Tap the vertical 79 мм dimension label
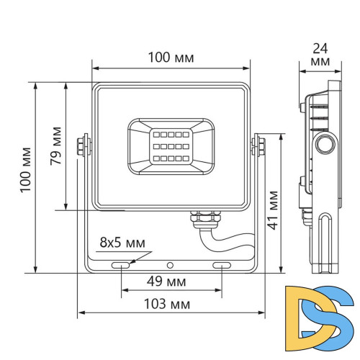(x=55, y=147)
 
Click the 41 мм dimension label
(x=274, y=209)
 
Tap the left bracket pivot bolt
(x=84, y=145)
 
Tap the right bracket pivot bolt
(x=257, y=145)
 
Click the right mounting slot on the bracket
(x=222, y=266)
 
